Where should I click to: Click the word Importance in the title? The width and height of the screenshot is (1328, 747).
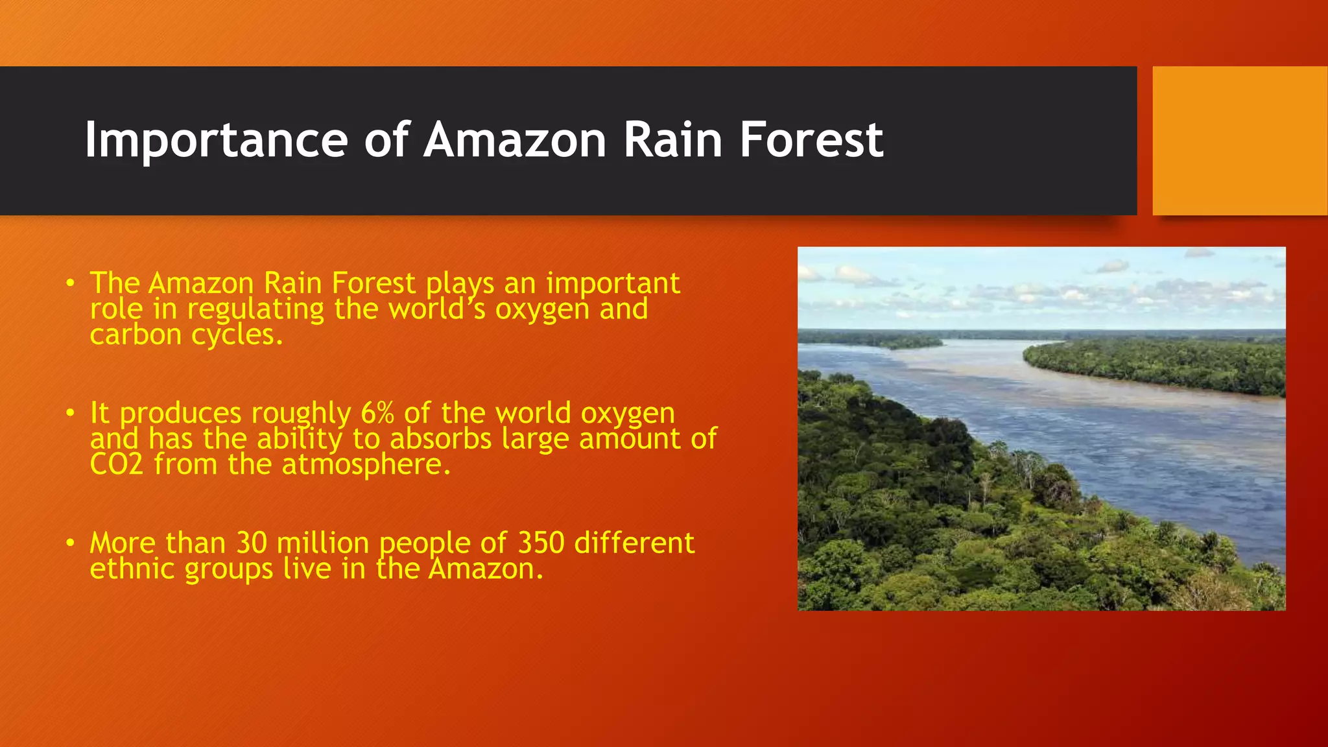(216, 140)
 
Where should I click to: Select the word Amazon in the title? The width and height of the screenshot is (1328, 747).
(515, 140)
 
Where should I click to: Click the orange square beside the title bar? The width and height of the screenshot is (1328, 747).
(1239, 141)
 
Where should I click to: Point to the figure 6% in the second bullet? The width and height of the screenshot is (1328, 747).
(377, 413)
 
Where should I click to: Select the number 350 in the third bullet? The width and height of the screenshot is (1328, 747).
(541, 543)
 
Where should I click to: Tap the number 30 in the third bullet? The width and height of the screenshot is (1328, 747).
(252, 543)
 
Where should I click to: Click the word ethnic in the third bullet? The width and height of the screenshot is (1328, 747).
(132, 569)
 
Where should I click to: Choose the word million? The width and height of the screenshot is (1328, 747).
(322, 543)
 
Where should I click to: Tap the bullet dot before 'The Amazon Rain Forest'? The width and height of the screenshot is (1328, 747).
(70, 283)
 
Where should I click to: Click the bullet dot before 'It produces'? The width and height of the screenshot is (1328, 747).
(70, 413)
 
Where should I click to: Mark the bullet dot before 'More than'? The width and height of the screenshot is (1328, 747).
(70, 543)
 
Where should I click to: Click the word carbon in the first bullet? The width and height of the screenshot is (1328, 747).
(136, 335)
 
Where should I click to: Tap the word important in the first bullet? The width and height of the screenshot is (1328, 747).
(613, 283)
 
